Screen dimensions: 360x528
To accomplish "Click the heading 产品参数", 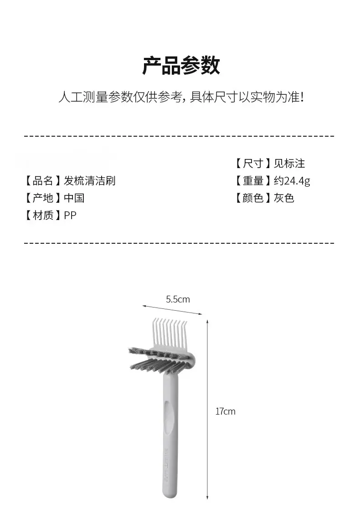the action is click(181, 65).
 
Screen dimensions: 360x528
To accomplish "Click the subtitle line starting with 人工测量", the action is click(181, 97).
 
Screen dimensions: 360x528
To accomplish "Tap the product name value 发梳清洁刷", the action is click(90, 181).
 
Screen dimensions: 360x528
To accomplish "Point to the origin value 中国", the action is click(74, 198).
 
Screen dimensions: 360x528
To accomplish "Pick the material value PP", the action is click(70, 215).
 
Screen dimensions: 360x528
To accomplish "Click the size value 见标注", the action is click(289, 164).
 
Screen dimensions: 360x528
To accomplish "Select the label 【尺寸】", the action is click(252, 164).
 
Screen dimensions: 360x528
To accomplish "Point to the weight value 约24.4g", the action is click(292, 181).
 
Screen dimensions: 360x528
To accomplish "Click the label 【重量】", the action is click(252, 181).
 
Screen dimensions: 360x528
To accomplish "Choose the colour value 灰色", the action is click(284, 198).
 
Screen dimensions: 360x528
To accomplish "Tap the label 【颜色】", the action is click(252, 198).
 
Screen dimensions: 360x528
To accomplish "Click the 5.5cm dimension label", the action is click(178, 299).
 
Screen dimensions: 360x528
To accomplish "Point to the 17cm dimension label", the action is click(225, 411).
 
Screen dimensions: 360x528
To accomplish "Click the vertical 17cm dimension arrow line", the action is click(207, 410).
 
